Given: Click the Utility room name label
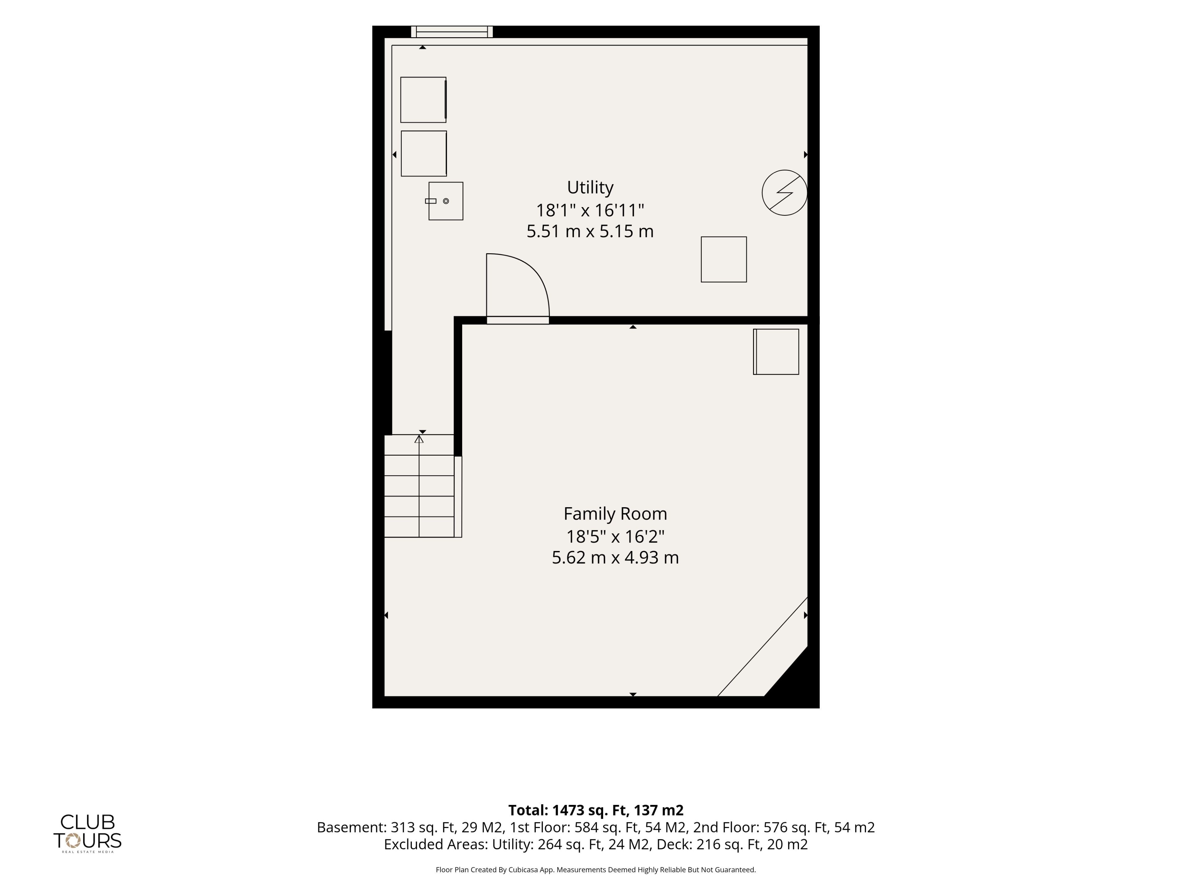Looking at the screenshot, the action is pyautogui.click(x=590, y=187).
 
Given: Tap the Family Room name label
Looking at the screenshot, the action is pyautogui.click(x=615, y=513).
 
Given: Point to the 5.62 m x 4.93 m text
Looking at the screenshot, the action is pyautogui.click(x=615, y=557).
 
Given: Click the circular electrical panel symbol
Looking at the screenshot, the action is pyautogui.click(x=785, y=193).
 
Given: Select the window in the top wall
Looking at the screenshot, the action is pyautogui.click(x=452, y=32).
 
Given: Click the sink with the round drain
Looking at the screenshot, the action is pyautogui.click(x=446, y=201).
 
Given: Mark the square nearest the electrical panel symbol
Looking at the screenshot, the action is pyautogui.click(x=724, y=259).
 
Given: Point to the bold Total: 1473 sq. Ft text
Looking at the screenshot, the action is pyautogui.click(x=596, y=810).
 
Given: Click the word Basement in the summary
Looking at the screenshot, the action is pyautogui.click(x=351, y=827).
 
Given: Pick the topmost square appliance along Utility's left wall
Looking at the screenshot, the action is pyautogui.click(x=423, y=100).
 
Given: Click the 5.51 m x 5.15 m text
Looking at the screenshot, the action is pyautogui.click(x=590, y=231).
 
